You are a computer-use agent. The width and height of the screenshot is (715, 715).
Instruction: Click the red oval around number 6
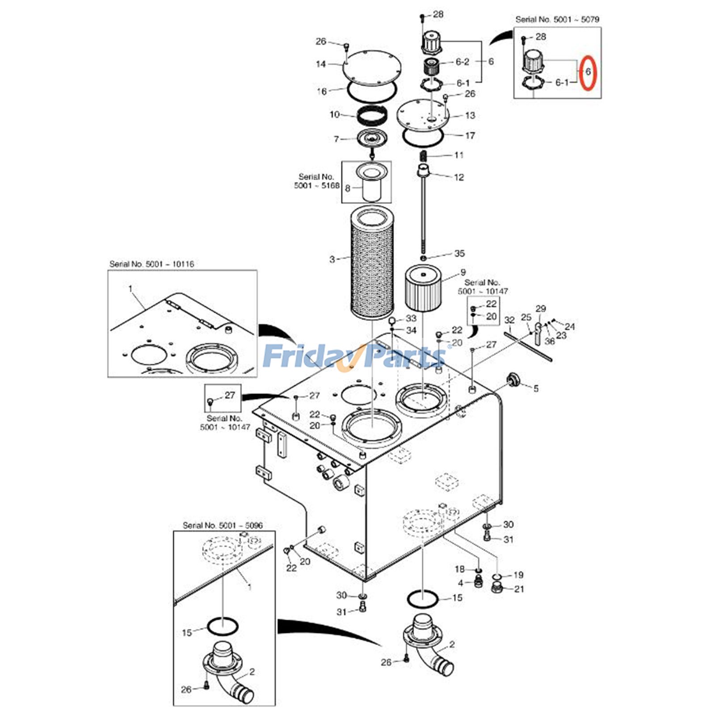(x=588, y=72)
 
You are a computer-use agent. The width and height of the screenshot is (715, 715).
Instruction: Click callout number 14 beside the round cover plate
(x=321, y=64)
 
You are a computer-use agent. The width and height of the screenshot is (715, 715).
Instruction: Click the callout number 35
(x=459, y=253)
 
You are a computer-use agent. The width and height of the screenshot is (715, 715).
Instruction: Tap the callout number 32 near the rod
(x=509, y=320)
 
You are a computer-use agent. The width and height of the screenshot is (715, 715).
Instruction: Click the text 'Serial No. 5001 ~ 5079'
(x=557, y=19)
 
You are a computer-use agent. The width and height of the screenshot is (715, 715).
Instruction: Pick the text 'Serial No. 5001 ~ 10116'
(x=151, y=264)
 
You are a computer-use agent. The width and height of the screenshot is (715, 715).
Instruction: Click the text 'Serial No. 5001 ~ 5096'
(x=223, y=525)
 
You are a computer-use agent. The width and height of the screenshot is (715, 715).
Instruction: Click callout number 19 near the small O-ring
(x=518, y=575)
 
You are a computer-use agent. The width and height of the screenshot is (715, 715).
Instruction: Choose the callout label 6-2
(x=462, y=62)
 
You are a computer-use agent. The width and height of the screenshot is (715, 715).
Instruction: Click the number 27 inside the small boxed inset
(x=229, y=395)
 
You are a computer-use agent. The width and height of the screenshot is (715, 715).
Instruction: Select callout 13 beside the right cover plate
(x=470, y=115)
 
